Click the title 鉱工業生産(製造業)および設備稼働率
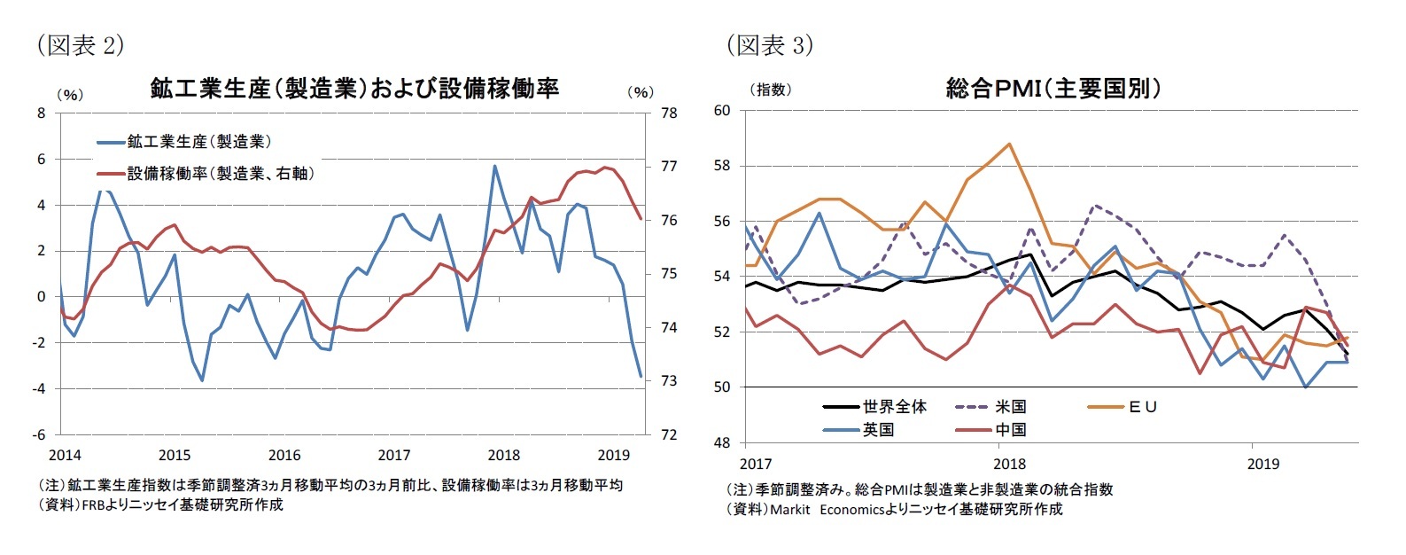[354, 89]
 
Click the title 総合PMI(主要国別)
[1053, 89]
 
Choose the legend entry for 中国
[1010, 430]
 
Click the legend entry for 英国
[878, 430]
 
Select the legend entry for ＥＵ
[1143, 407]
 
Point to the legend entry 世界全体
[894, 407]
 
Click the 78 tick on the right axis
[668, 113]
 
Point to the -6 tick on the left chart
[39, 435]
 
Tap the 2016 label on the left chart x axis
[284, 456]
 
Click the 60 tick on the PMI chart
[721, 111]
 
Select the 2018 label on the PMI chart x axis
[1009, 464]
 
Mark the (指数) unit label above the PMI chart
[770, 90]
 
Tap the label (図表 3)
[769, 45]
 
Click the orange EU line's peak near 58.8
[1009, 144]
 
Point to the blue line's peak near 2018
[494, 166]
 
